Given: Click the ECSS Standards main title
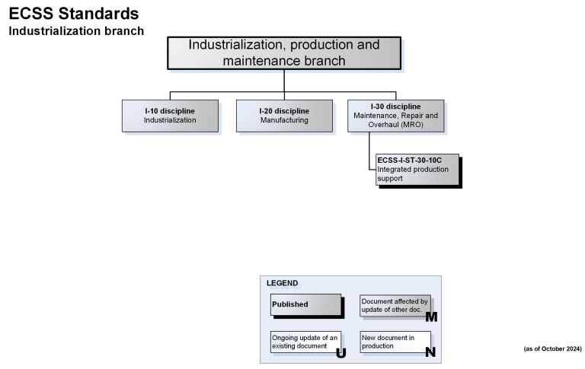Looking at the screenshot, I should (74, 14).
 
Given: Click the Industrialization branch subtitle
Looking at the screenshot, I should (76, 31).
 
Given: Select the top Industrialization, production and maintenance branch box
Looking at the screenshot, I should (284, 52).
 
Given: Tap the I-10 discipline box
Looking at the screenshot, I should (170, 116).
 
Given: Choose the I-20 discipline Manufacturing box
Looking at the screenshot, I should (284, 116).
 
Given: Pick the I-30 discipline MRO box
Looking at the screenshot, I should (395, 116).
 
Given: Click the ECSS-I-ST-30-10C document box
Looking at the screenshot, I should (417, 169).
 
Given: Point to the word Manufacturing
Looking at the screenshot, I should (284, 120).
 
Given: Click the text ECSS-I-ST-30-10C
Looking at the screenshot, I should (410, 160).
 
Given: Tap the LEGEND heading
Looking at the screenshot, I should (283, 283).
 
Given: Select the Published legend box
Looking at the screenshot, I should (305, 304).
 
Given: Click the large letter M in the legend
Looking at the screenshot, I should (431, 317).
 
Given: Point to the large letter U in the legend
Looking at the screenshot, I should (340, 352).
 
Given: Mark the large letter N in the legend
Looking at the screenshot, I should (430, 352).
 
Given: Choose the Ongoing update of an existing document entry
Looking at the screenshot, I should (304, 342).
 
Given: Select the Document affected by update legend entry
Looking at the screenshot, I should (394, 305).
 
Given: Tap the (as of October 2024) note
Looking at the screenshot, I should (552, 348).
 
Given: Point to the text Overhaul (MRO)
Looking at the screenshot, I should (395, 124).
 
